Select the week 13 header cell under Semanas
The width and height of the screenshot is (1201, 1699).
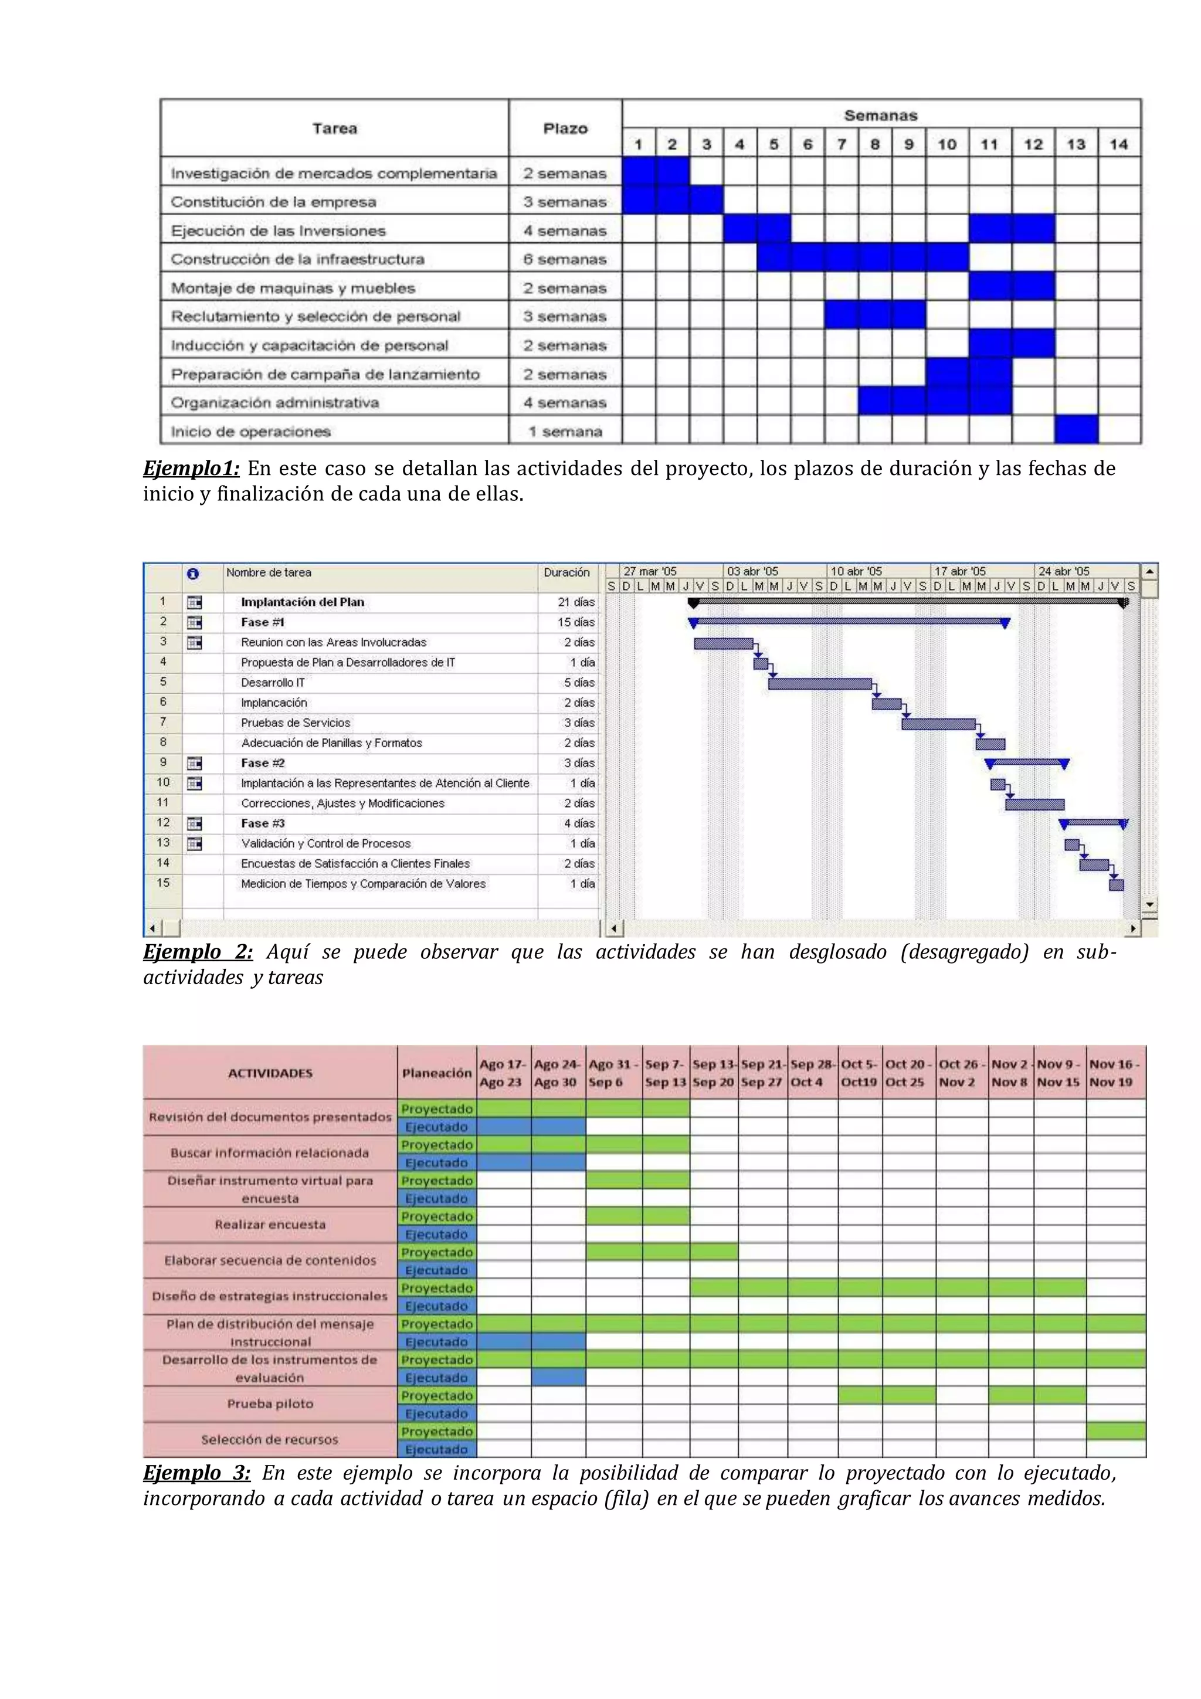click(x=1076, y=144)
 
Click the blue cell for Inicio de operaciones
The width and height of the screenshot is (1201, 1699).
click(x=1076, y=430)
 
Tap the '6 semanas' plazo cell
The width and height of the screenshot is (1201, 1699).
click(x=565, y=259)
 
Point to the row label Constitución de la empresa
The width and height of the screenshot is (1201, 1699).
click(x=274, y=202)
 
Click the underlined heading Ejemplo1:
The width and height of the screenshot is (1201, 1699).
click(x=191, y=469)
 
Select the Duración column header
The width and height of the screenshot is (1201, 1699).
click(x=566, y=572)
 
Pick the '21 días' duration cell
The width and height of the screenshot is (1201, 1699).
click(x=576, y=602)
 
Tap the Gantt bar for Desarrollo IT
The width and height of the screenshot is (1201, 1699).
click(x=819, y=684)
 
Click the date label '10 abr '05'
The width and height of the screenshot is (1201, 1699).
click(x=856, y=571)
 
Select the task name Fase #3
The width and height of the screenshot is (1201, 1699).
click(x=263, y=823)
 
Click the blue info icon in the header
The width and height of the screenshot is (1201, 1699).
click(x=193, y=574)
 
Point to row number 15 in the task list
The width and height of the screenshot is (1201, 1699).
click(x=163, y=883)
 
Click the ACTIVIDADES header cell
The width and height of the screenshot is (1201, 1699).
click(x=270, y=1073)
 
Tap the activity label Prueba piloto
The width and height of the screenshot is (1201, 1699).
click(x=270, y=1404)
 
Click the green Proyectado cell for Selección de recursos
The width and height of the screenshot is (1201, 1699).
click(x=1115, y=1430)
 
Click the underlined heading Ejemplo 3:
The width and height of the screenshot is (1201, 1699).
click(x=197, y=1473)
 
